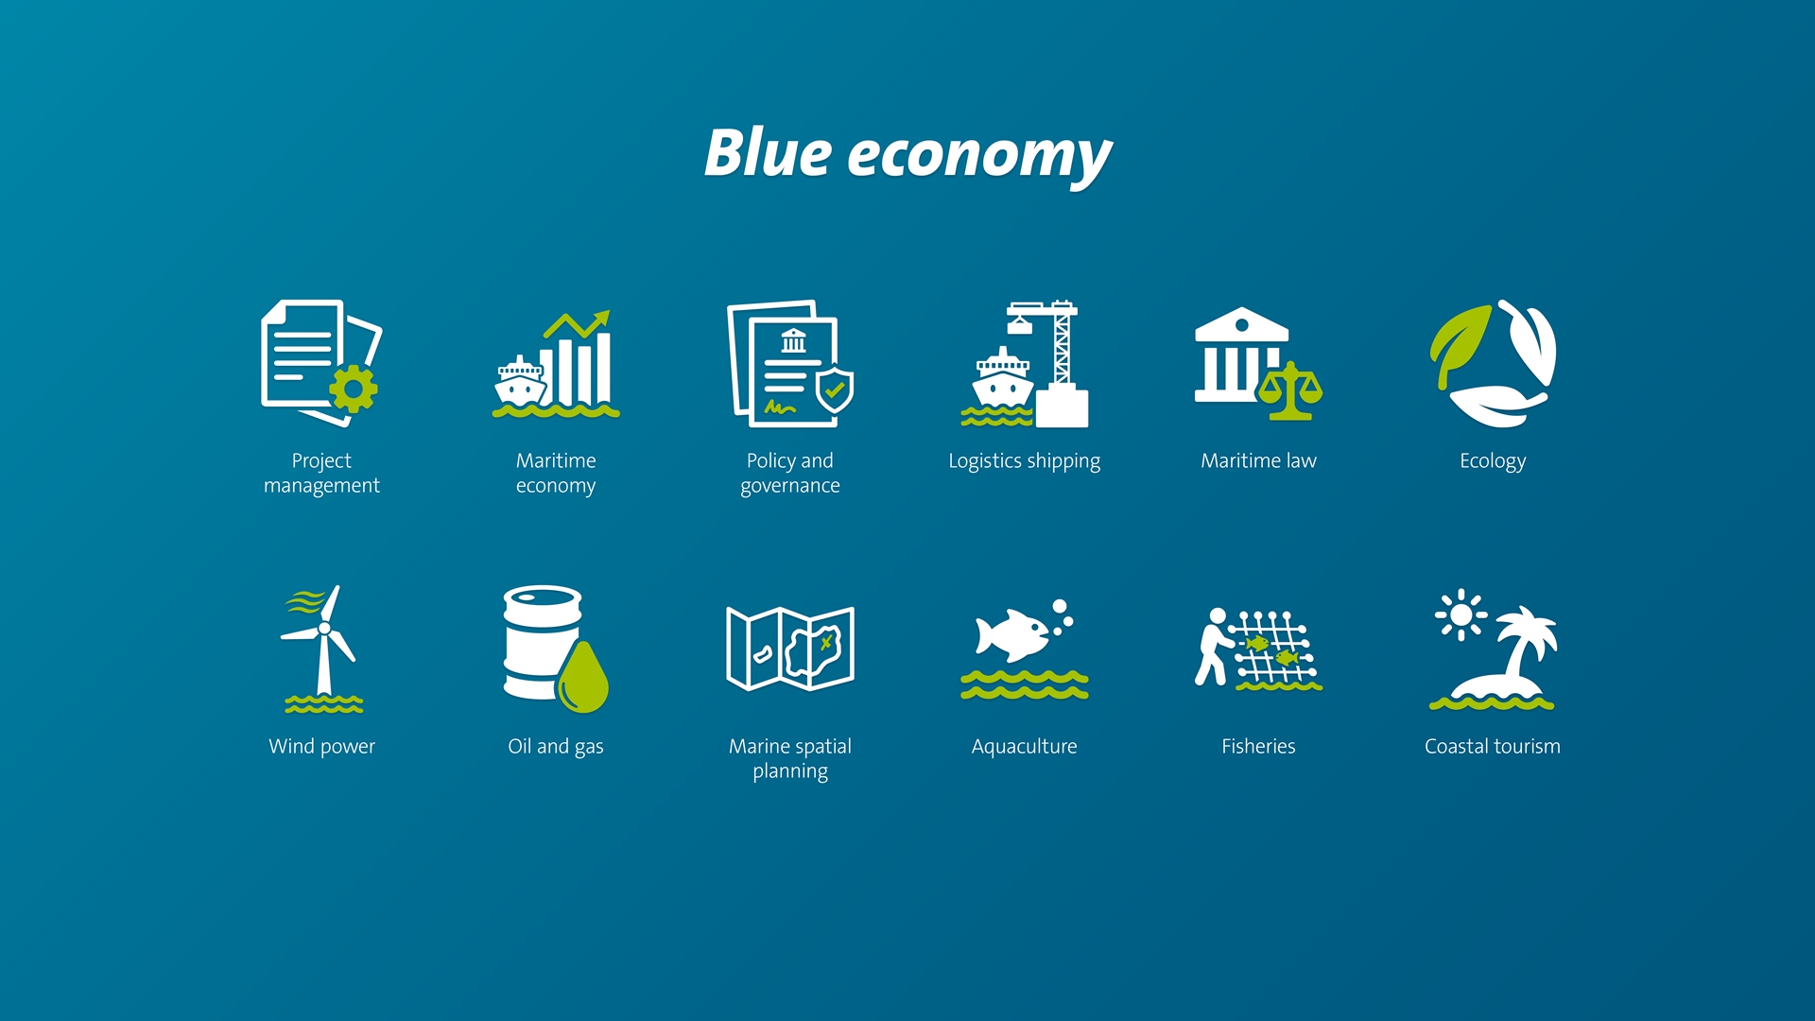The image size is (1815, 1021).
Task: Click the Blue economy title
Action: [x=907, y=154]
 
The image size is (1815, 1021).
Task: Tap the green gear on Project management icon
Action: [x=354, y=388]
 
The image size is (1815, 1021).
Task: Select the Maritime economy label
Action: [x=556, y=473]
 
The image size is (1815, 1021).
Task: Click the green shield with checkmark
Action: [x=835, y=389]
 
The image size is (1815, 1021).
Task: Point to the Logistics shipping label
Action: [x=1024, y=461]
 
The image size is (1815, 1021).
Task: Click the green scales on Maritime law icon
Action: [x=1290, y=389]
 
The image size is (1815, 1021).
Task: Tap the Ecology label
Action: [x=1493, y=461]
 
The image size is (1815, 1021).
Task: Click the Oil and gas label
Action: [x=556, y=747]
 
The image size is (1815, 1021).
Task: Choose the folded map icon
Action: [x=789, y=649]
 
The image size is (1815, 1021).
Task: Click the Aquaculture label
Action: [x=1024, y=747]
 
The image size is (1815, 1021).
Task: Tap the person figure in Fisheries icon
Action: [x=1212, y=647]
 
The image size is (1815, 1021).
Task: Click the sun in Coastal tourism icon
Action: [x=1461, y=615]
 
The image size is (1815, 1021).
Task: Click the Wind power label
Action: [x=321, y=747]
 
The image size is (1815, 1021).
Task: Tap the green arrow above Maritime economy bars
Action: [x=578, y=324]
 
